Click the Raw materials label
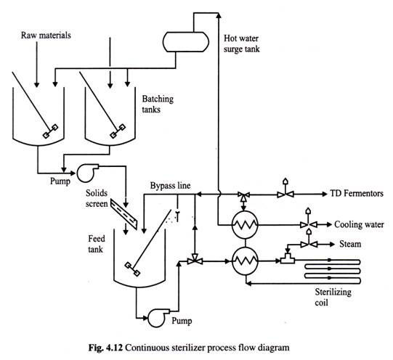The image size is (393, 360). [46, 36]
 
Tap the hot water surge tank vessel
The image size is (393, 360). [186, 42]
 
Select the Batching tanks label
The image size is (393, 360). [158, 104]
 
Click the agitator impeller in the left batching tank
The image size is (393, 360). [50, 131]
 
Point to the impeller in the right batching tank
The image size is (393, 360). [118, 131]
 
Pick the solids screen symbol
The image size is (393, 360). [123, 214]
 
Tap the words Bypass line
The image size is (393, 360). [170, 186]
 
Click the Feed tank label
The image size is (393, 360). [96, 244]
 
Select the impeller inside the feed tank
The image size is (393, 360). [132, 269]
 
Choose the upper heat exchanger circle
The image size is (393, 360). [245, 224]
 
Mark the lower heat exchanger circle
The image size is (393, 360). [245, 261]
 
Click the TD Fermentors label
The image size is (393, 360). [357, 194]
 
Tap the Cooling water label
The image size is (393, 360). [359, 224]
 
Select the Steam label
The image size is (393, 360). [350, 244]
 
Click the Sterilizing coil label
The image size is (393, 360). [333, 297]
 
